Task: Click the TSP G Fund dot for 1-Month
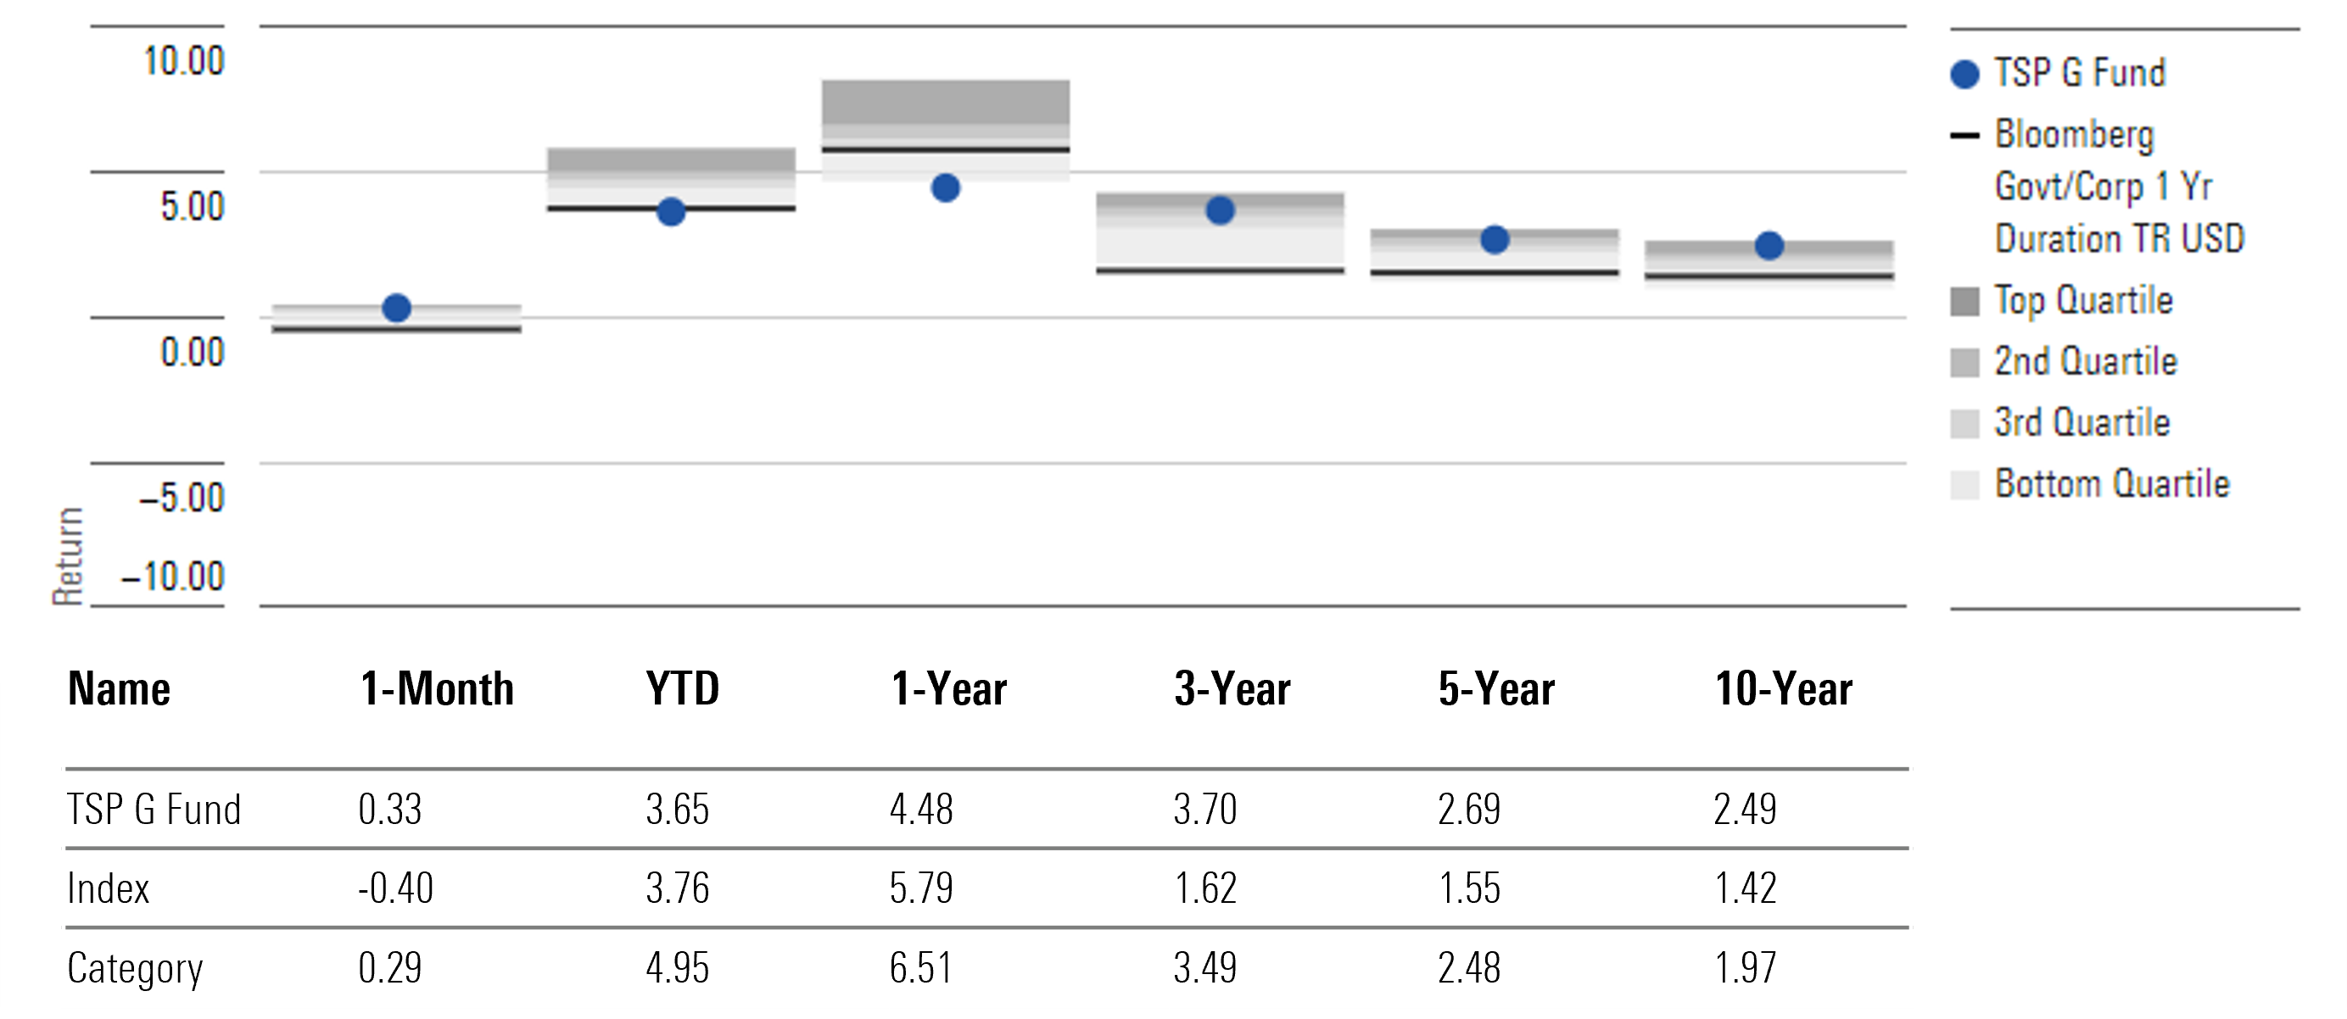396,308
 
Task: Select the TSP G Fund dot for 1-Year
945,188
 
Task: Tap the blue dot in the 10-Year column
1769,246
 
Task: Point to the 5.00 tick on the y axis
193,207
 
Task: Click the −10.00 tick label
172,577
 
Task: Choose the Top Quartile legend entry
2082,300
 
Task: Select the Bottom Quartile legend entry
2111,483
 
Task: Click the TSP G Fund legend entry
2078,73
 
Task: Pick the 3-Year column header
1232,688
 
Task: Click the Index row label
108,888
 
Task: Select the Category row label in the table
135,968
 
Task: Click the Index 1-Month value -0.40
395,888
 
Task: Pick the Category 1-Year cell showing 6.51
921,968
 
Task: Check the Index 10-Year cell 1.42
1745,888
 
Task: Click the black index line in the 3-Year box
1219,270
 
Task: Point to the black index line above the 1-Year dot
945,149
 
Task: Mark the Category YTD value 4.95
677,968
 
